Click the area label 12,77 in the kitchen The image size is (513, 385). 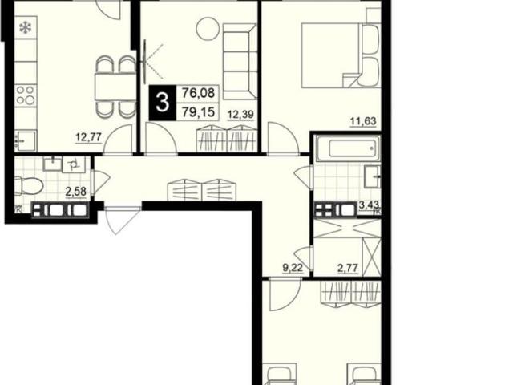click(x=89, y=137)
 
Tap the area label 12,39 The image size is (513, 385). click(x=240, y=115)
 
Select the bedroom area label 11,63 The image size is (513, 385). click(x=363, y=121)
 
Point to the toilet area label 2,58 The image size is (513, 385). click(x=75, y=192)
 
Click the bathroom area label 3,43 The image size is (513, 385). click(x=370, y=205)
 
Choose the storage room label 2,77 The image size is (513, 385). click(x=348, y=269)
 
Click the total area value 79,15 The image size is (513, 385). click(x=198, y=112)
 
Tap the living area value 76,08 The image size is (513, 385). click(x=198, y=93)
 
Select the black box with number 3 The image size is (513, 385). click(x=162, y=103)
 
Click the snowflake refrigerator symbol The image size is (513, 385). click(x=26, y=28)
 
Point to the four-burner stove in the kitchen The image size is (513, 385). click(x=26, y=95)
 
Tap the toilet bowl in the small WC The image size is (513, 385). click(x=29, y=185)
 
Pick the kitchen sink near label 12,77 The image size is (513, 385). click(x=26, y=141)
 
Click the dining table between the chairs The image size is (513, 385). click(x=115, y=87)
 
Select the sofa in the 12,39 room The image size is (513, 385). click(x=239, y=61)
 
